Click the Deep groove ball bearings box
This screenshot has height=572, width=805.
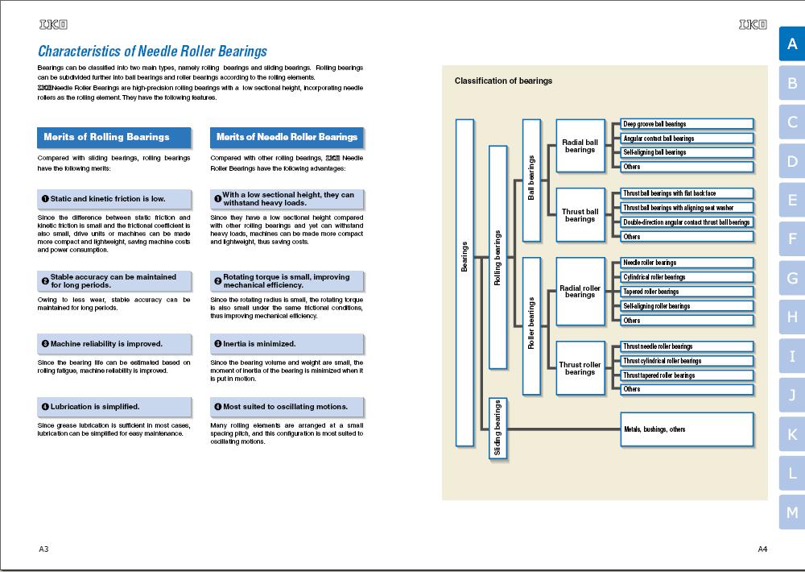[687, 124]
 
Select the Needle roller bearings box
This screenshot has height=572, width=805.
[687, 263]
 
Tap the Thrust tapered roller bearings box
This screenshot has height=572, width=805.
[687, 375]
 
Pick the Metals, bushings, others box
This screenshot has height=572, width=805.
[687, 429]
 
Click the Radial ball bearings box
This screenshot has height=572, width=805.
[580, 146]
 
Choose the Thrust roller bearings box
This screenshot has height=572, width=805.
[580, 368]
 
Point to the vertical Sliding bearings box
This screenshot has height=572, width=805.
[498, 428]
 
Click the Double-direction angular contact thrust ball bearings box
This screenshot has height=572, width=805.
[687, 222]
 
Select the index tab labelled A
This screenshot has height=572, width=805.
[791, 44]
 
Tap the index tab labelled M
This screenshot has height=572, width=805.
[791, 512]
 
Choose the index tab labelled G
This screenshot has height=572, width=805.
[791, 278]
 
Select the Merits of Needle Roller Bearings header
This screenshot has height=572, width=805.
[287, 137]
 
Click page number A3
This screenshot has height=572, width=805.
[43, 549]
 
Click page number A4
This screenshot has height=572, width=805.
[762, 549]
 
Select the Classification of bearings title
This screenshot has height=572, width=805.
[503, 81]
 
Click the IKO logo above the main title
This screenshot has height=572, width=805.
[53, 24]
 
